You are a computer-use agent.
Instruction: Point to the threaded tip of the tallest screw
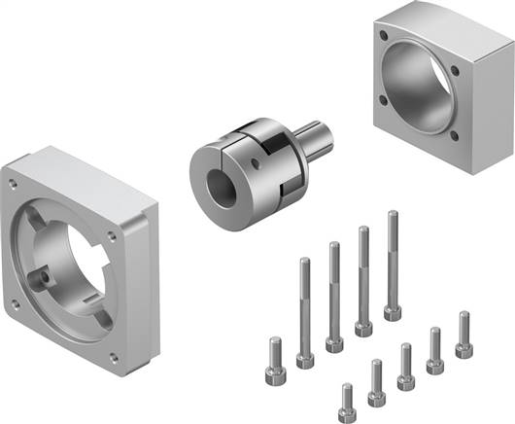click(x=393, y=216)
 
